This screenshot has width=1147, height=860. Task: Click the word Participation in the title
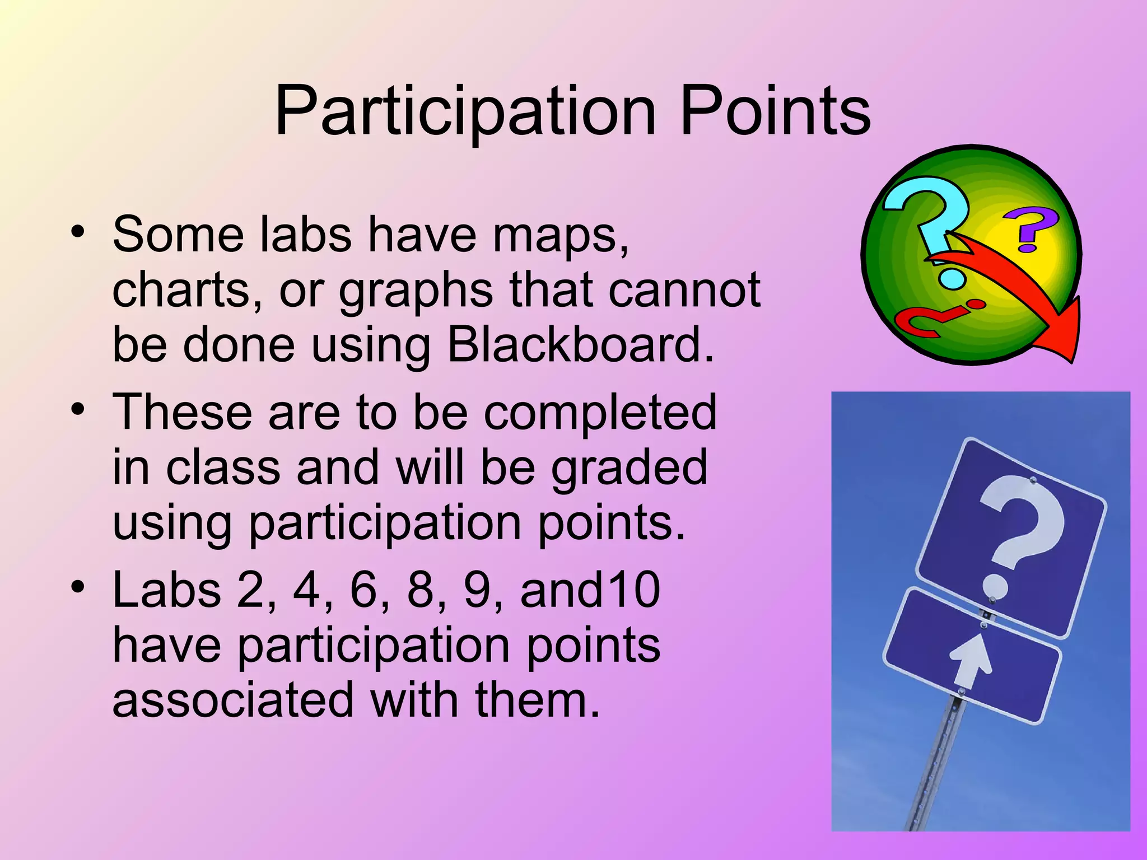[x=465, y=112]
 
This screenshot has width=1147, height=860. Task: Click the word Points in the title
[x=775, y=112]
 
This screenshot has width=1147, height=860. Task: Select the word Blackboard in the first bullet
[x=580, y=344]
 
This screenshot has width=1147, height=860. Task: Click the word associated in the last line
[x=233, y=700]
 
